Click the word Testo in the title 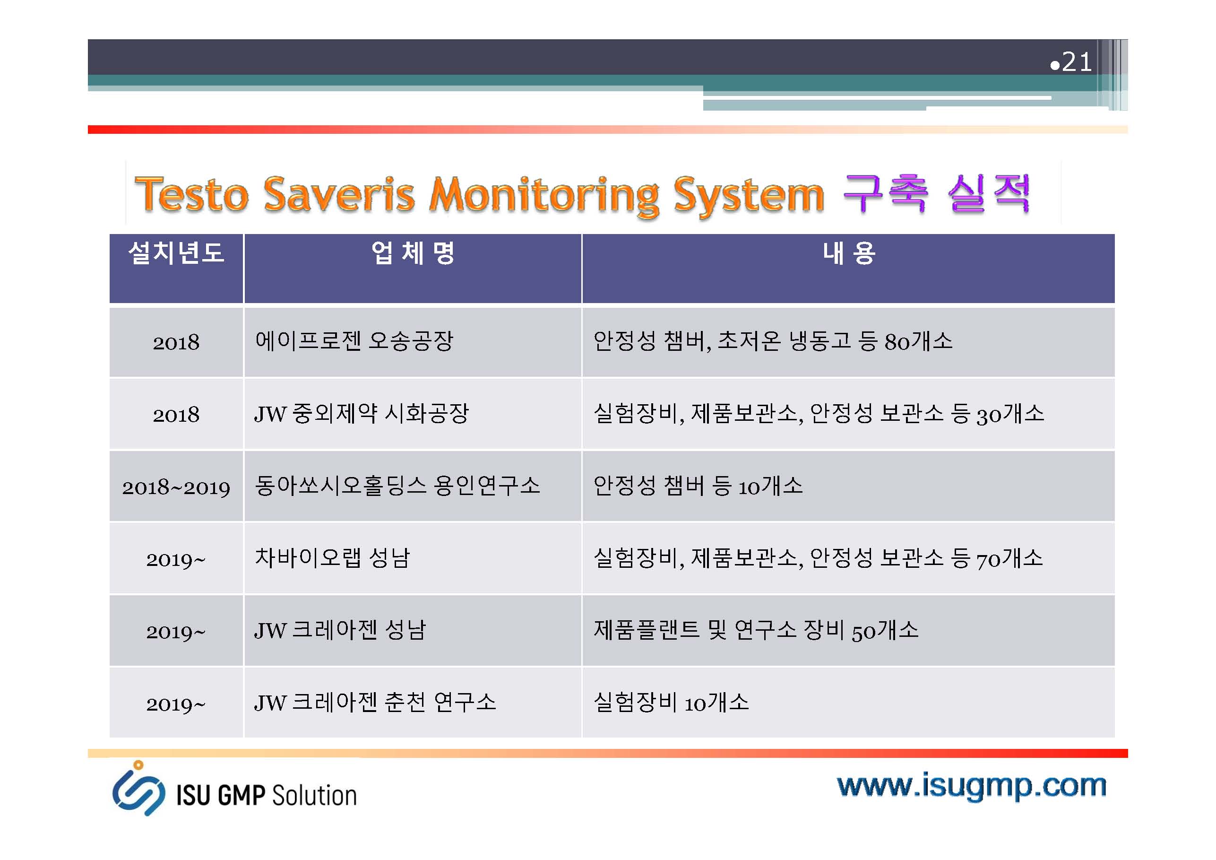(191, 194)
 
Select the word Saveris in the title (339, 194)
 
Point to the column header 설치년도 (176, 252)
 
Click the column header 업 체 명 (413, 252)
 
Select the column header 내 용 (848, 252)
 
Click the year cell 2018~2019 (176, 487)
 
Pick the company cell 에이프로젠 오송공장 (354, 341)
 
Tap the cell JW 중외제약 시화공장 (361, 413)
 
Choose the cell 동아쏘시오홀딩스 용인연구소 (397, 486)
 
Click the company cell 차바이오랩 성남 (332, 557)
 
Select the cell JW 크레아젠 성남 (340, 630)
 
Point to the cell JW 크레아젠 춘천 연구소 (375, 702)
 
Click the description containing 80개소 (773, 341)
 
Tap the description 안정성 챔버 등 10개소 (698, 486)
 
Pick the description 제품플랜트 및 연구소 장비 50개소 (756, 630)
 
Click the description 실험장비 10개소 (671, 702)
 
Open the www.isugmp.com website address (971, 786)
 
